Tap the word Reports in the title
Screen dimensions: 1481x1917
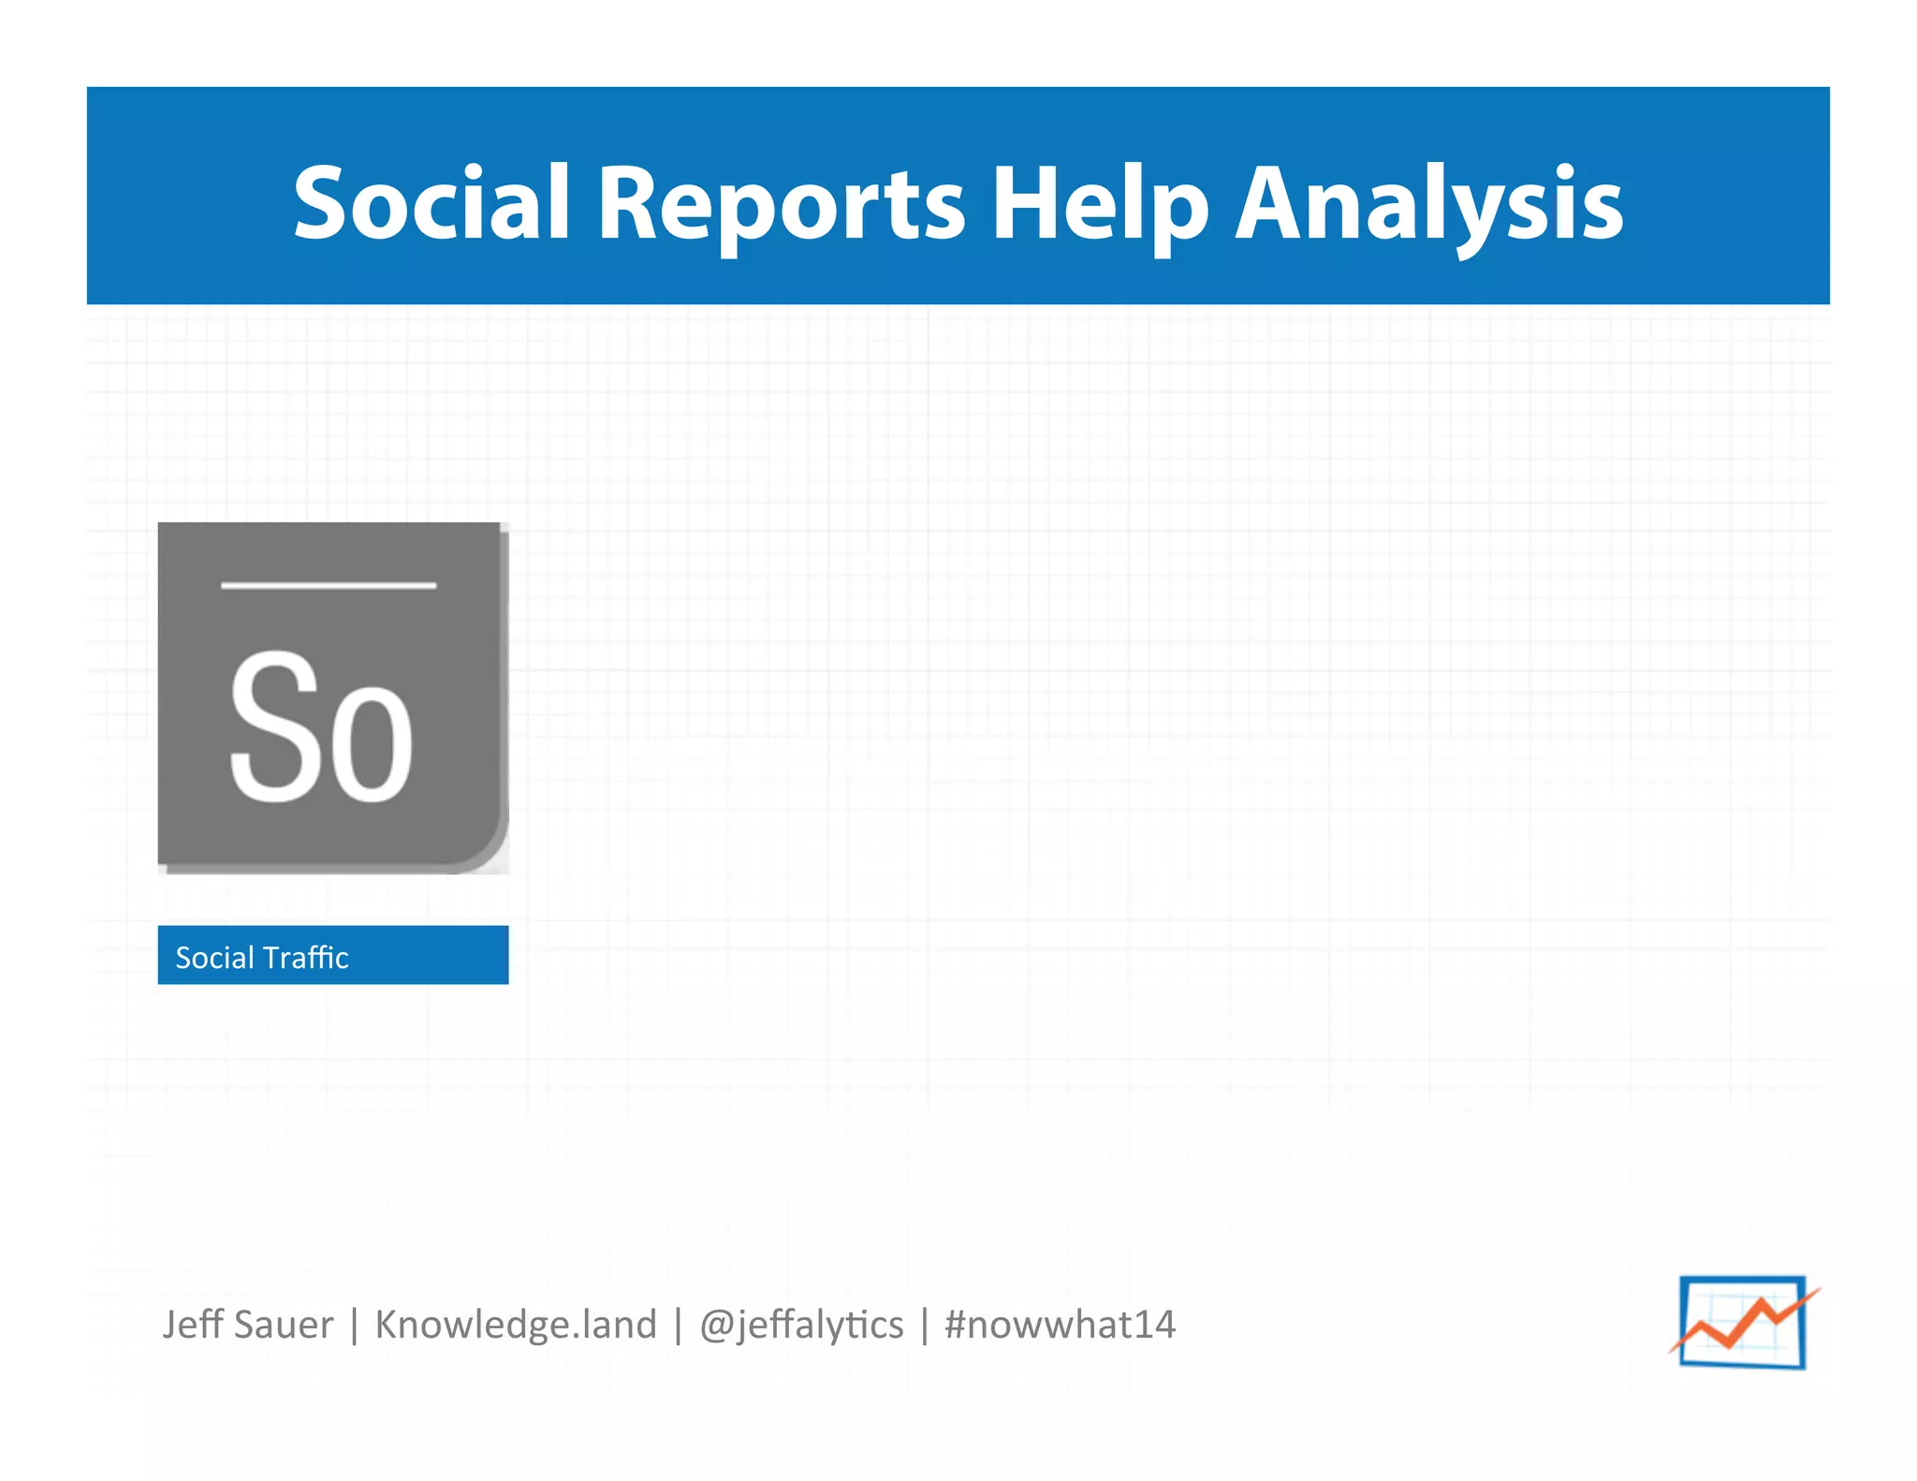point(781,204)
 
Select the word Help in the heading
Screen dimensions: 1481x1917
point(1100,204)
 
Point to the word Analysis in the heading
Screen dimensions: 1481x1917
point(1429,204)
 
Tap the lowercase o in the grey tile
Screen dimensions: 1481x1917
point(372,744)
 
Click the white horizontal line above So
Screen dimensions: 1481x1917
point(329,586)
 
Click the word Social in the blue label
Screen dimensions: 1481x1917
point(214,957)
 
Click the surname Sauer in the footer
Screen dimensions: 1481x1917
point(285,1325)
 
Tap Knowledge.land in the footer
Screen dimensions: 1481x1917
point(516,1325)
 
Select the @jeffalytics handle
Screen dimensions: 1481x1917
point(801,1325)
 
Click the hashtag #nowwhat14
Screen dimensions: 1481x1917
point(1060,1325)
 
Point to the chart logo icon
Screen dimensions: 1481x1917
point(1742,1322)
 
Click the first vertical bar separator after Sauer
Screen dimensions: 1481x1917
point(355,1326)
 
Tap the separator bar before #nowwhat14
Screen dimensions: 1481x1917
point(925,1326)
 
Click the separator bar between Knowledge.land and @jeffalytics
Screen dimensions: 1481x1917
point(678,1326)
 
